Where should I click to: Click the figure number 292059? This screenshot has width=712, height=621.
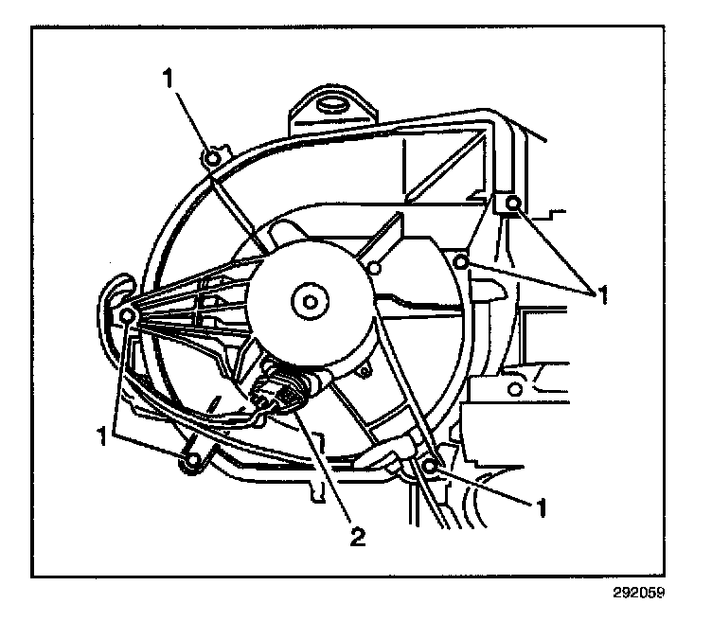pos(638,595)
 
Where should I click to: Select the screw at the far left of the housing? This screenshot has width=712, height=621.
pos(126,314)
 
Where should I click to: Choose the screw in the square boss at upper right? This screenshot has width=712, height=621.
pos(512,204)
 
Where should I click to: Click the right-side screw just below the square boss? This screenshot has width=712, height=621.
pos(461,260)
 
